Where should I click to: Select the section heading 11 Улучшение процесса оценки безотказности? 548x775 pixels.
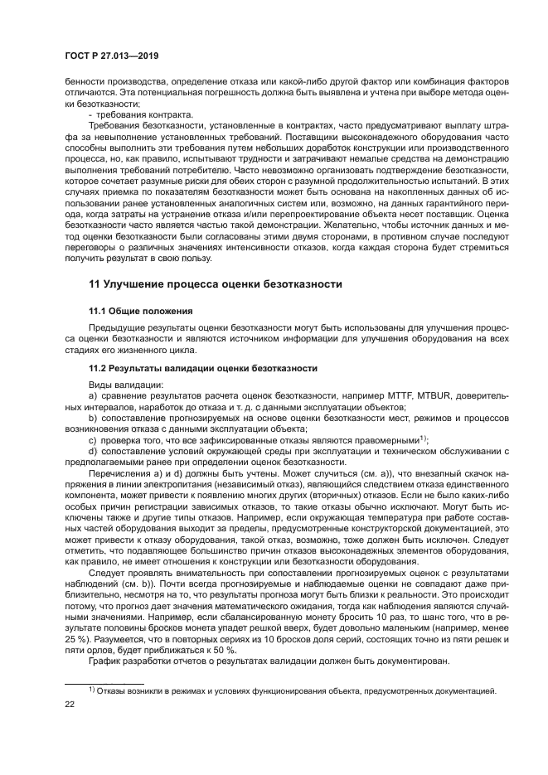click(x=216, y=283)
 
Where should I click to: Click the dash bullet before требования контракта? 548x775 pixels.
click(x=90, y=114)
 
